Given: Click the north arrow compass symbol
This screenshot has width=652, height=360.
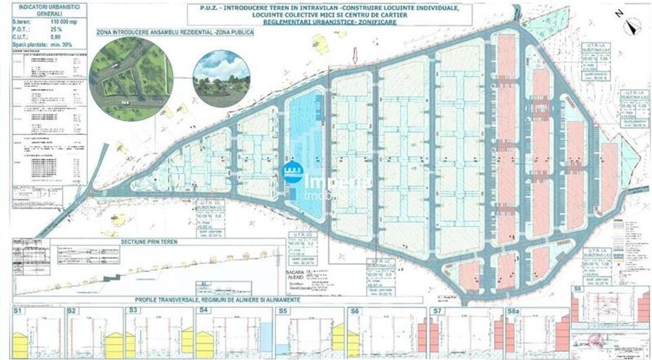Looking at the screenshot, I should [x=632, y=25].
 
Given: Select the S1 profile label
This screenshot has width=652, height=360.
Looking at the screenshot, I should [x=18, y=310].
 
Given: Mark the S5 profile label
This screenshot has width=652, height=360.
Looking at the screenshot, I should [x=283, y=310].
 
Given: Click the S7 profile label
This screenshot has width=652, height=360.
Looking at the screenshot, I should [x=436, y=310].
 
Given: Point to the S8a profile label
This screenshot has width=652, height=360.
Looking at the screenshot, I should [x=514, y=310].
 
